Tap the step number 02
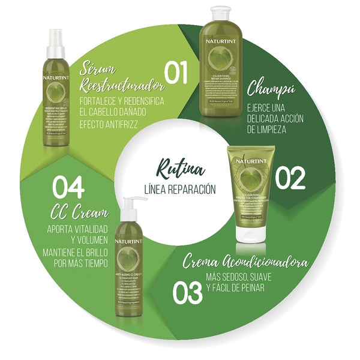(x=290, y=178)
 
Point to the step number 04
(x=68, y=188)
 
